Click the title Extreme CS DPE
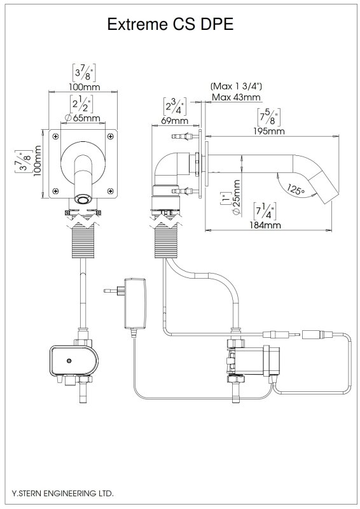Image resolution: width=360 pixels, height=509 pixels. click(x=170, y=24)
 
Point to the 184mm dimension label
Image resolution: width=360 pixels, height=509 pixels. click(x=265, y=225)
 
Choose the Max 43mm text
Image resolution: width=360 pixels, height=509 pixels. click(x=236, y=97)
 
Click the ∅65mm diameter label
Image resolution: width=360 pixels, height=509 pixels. click(x=82, y=118)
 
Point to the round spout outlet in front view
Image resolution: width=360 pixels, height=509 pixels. click(x=81, y=199)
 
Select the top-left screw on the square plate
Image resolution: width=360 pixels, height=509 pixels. click(x=57, y=137)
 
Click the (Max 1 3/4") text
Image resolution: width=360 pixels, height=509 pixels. click(x=236, y=85)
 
